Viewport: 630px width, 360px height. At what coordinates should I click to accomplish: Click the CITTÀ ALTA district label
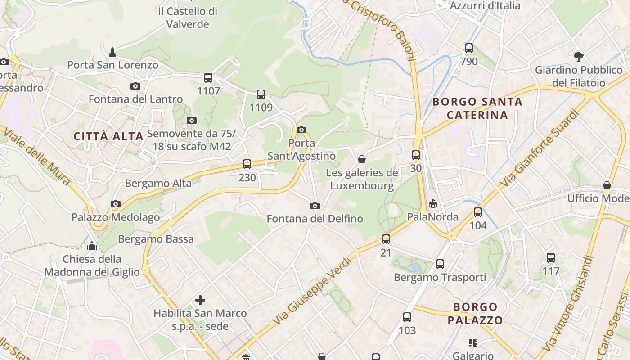click(108, 136)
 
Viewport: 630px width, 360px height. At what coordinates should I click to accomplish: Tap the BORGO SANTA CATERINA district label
click(477, 108)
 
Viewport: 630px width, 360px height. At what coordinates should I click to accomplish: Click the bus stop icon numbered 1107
click(208, 77)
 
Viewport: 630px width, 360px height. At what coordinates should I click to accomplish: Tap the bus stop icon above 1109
click(261, 94)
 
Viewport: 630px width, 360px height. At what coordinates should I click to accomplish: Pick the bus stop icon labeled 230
click(247, 164)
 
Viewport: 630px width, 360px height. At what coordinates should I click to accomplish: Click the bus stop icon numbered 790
click(468, 48)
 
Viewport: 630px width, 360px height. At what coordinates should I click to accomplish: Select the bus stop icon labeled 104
click(477, 212)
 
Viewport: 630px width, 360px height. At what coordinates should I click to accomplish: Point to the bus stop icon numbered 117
click(550, 258)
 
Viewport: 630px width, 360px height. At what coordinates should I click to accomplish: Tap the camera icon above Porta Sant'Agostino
click(301, 130)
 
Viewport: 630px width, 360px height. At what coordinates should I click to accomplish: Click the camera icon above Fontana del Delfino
click(315, 206)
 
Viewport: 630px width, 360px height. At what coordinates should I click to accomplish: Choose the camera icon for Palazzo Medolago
click(116, 204)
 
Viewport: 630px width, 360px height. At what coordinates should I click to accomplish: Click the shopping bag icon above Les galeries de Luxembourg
click(361, 159)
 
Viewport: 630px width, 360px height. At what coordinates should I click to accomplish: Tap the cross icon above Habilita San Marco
click(200, 300)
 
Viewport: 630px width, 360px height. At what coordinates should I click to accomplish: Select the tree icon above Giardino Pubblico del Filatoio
click(579, 57)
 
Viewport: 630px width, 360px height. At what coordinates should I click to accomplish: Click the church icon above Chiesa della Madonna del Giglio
click(92, 246)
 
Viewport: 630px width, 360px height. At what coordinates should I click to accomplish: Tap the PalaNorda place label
click(432, 217)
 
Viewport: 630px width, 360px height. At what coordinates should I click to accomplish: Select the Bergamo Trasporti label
click(440, 277)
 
